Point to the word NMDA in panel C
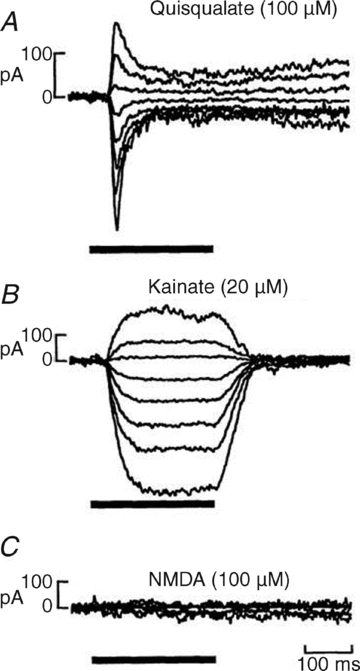click(x=183, y=580)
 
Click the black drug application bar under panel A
click(x=151, y=246)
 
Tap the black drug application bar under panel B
click(x=152, y=505)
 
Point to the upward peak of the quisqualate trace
click(x=117, y=24)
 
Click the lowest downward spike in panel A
click(x=118, y=228)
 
